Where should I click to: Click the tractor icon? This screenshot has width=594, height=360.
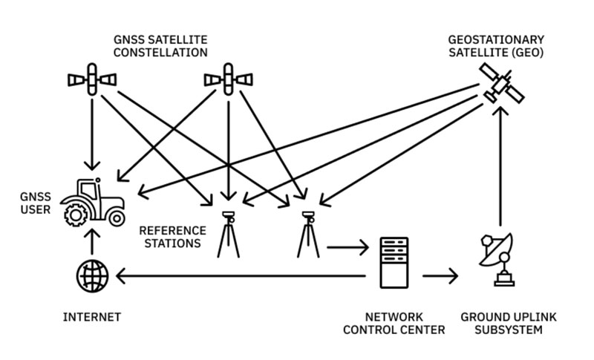click(x=92, y=202)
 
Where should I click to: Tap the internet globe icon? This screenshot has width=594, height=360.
click(x=91, y=277)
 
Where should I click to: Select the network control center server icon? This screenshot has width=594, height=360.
click(x=394, y=262)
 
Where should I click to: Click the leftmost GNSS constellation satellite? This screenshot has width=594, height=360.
click(x=92, y=78)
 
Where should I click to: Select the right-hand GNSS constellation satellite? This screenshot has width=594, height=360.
click(x=228, y=78)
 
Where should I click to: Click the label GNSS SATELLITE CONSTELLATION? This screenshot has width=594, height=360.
click(x=160, y=46)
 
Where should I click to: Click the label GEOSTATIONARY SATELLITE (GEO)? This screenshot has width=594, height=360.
click(x=496, y=45)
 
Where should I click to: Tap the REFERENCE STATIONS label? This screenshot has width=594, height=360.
click(x=170, y=236)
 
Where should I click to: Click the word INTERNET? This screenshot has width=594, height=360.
click(x=91, y=317)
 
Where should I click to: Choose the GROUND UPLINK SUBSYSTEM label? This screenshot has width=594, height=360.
click(x=508, y=323)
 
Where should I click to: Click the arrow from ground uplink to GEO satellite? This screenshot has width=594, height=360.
click(x=500, y=167)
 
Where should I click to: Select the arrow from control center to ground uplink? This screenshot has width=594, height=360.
click(x=440, y=278)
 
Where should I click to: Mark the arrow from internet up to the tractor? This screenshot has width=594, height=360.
click(x=91, y=243)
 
